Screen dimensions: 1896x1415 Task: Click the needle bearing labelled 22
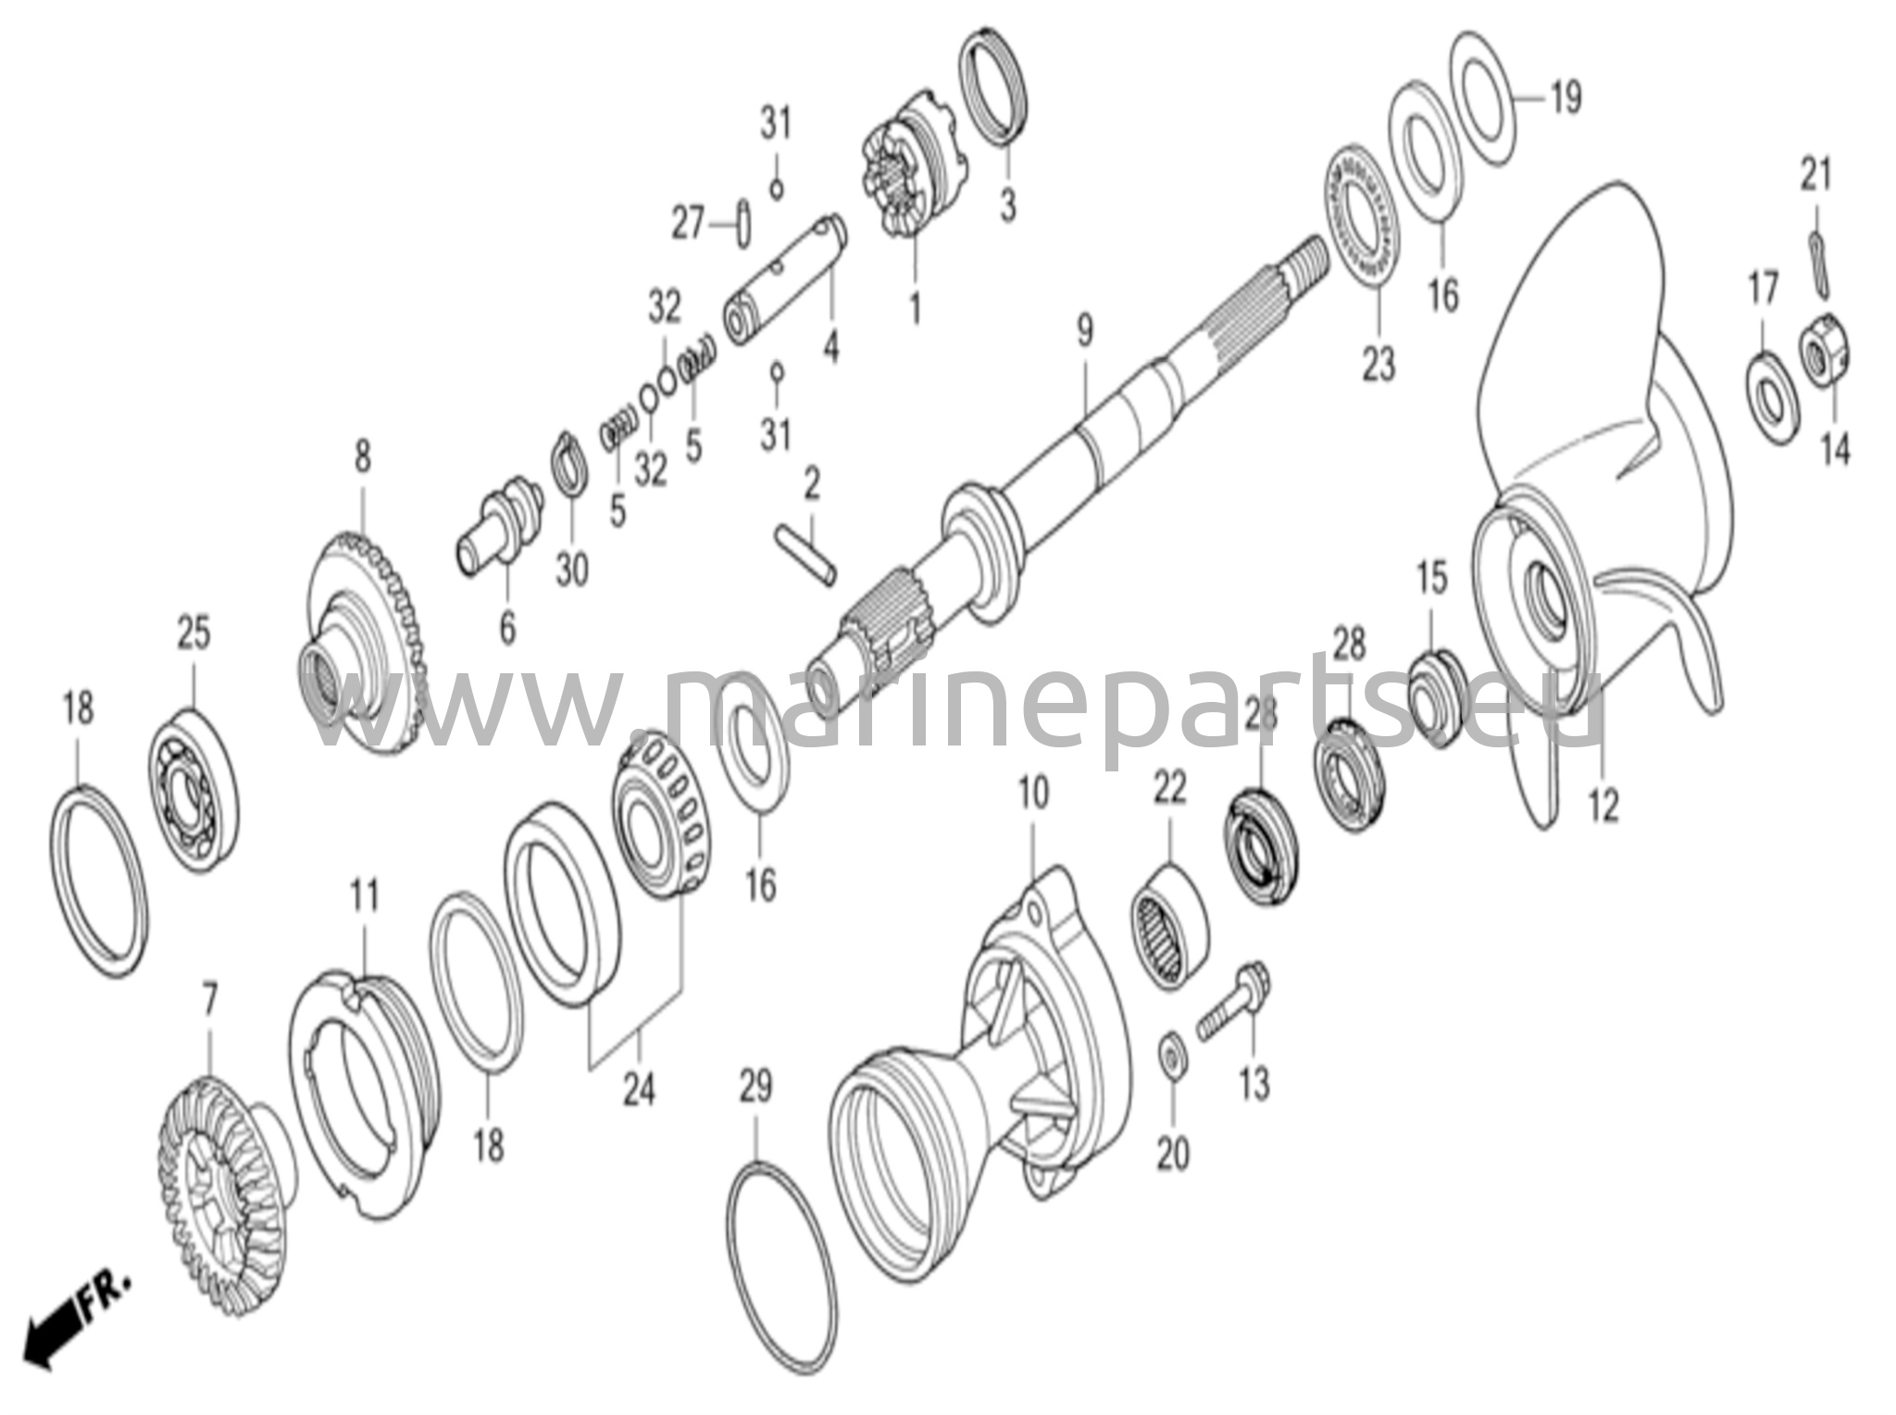(1168, 925)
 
